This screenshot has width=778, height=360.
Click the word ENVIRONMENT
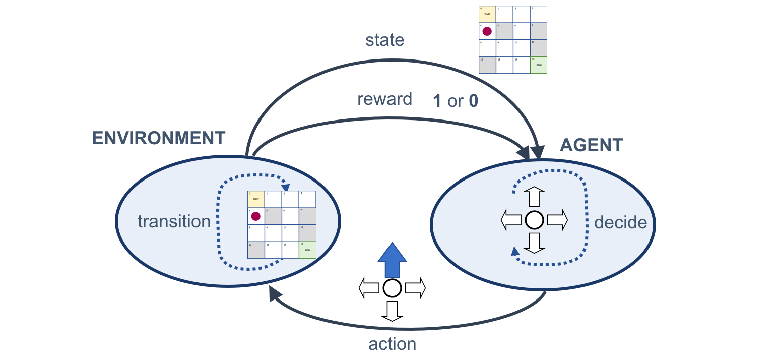tap(158, 138)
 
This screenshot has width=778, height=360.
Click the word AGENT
tap(591, 145)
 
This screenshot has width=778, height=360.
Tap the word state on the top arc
tap(385, 40)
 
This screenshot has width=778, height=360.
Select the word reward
tap(384, 99)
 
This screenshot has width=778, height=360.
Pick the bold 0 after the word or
tap(473, 101)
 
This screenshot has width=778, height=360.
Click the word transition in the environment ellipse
tap(174, 221)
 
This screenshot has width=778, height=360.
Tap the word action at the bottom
tap(393, 344)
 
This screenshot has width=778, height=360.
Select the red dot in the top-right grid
tap(487, 31)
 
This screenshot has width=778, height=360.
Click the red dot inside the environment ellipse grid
tap(255, 216)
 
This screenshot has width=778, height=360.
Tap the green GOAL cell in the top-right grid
tap(539, 65)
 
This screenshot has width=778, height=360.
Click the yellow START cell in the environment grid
tap(256, 199)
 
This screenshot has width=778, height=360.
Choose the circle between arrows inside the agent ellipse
tap(534, 220)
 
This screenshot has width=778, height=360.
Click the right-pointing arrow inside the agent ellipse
tap(557, 220)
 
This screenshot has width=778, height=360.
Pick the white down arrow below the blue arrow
tap(392, 311)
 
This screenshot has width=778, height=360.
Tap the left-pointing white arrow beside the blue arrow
tap(369, 288)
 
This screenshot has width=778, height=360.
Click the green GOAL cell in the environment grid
tap(307, 250)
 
